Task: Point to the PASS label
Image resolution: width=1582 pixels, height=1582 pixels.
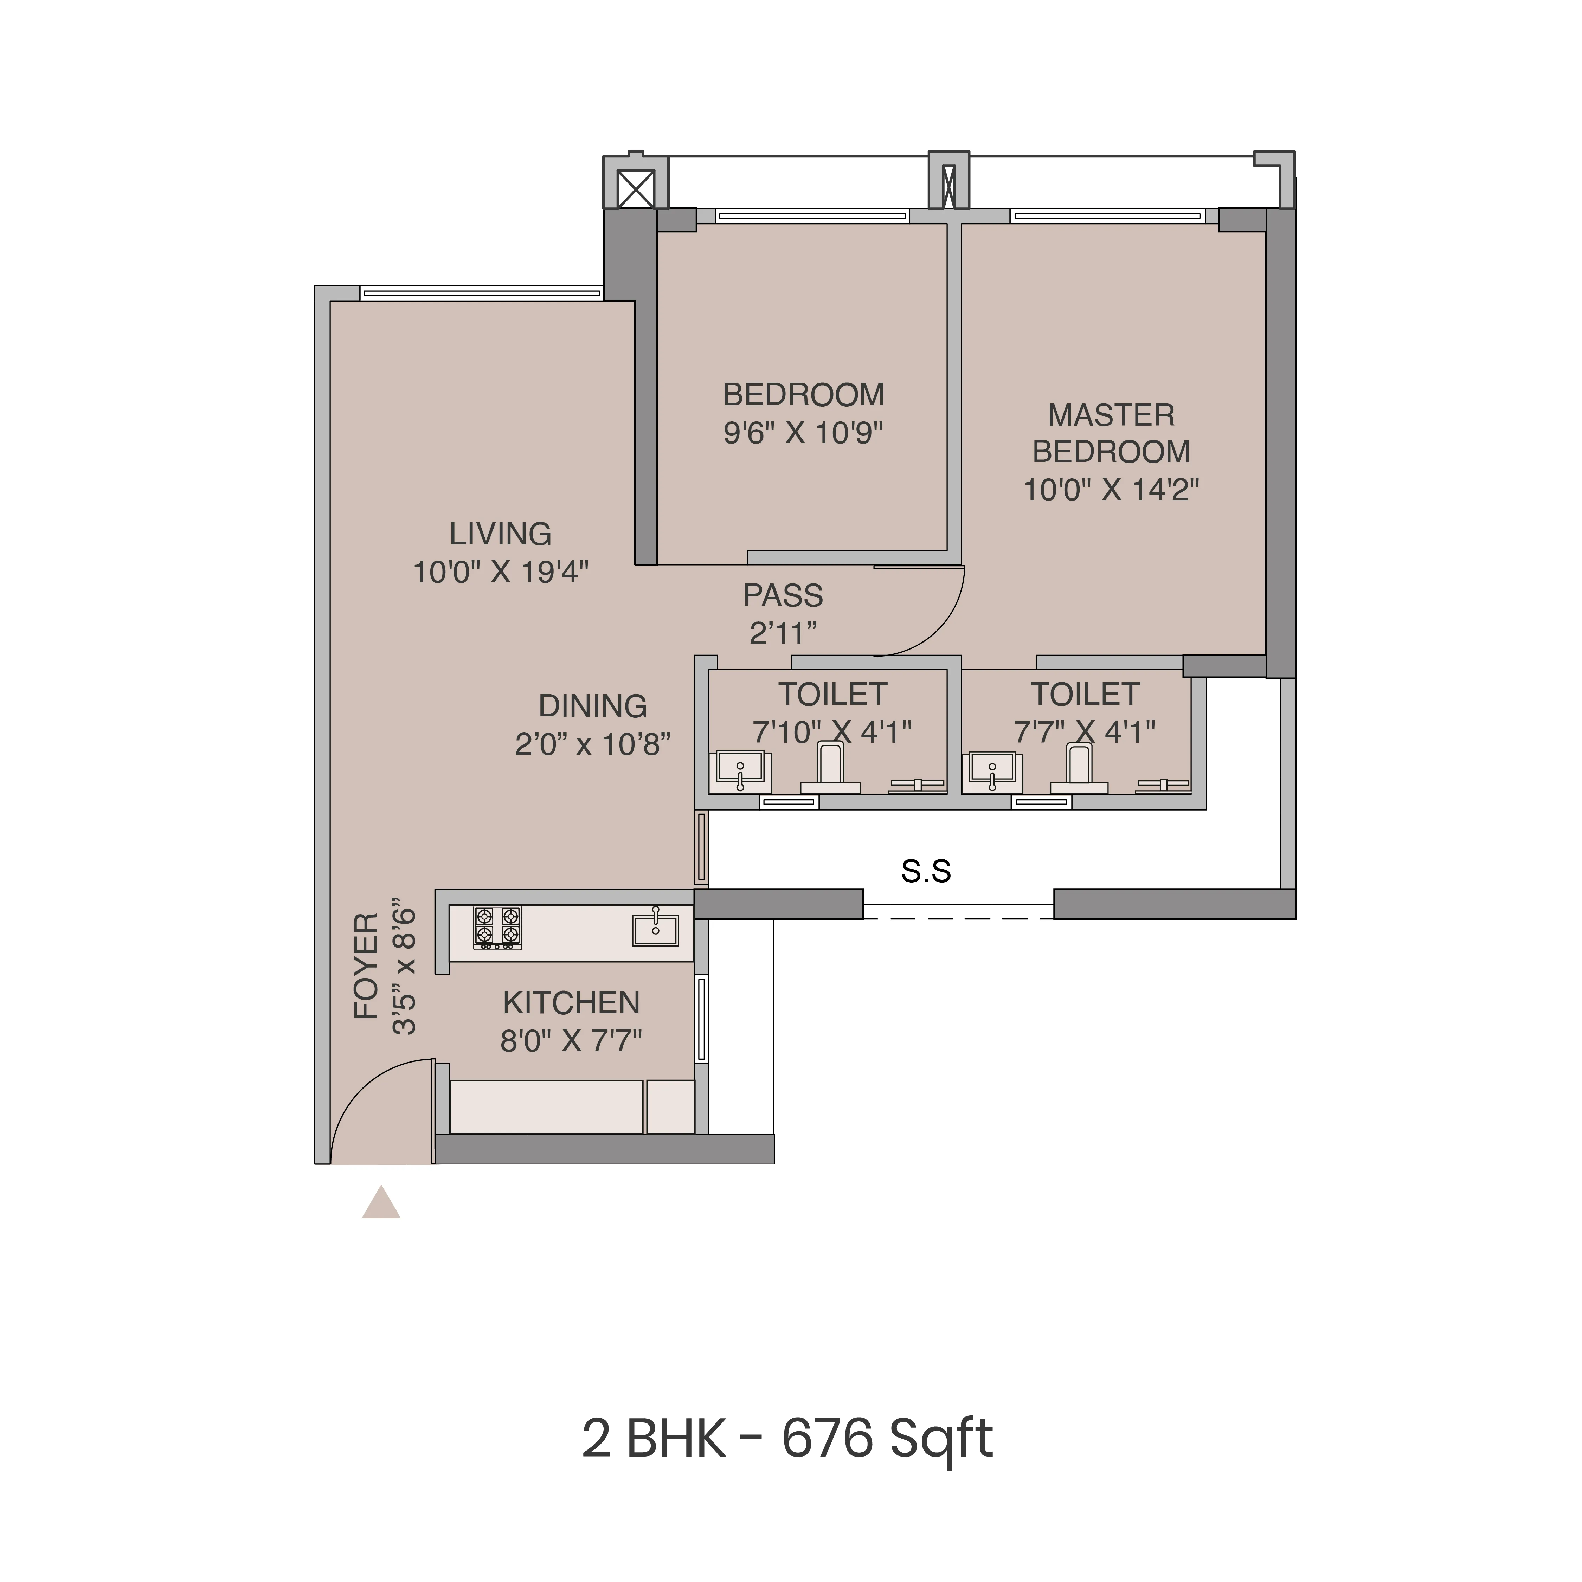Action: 783,595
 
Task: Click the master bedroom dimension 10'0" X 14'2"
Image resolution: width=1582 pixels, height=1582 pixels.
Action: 1111,490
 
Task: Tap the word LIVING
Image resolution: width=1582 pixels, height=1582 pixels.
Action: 500,534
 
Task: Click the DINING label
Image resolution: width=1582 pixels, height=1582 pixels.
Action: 593,706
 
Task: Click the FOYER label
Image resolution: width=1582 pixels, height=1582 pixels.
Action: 366,966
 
